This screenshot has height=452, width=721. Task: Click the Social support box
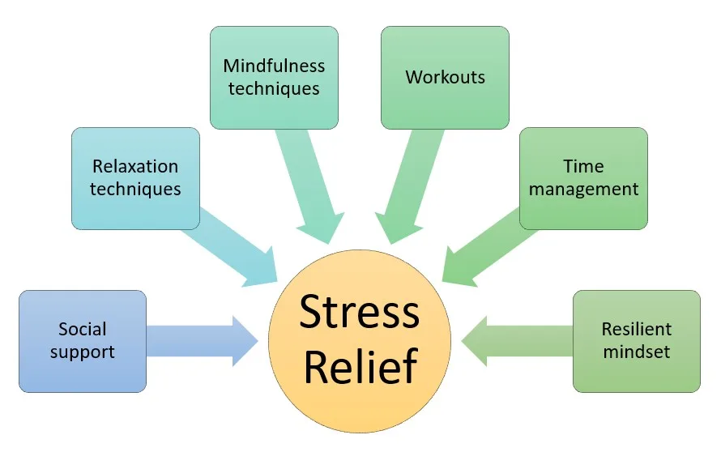(83, 341)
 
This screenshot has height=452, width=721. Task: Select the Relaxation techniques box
(135, 177)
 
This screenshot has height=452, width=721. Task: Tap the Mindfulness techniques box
(274, 77)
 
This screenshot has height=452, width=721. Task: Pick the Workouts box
(445, 77)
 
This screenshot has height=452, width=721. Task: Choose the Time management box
(583, 177)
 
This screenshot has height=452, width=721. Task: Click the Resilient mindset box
(637, 341)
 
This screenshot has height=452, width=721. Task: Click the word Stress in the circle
(360, 312)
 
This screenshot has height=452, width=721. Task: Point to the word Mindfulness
(274, 66)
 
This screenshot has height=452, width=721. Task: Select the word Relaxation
(135, 167)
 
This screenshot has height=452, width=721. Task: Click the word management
(584, 190)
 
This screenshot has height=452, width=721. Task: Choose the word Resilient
(637, 330)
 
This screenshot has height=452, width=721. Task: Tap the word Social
(83, 330)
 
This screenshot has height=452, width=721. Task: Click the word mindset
(637, 352)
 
